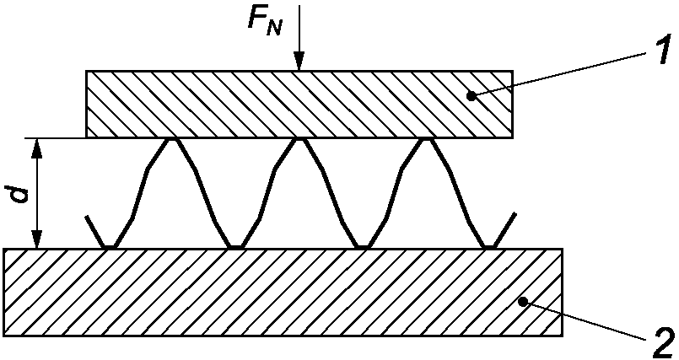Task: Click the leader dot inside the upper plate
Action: tap(473, 96)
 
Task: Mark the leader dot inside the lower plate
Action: tap(524, 301)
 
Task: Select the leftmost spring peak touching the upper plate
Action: tap(172, 140)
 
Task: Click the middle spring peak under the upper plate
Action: tap(299, 140)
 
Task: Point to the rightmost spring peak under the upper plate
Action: tap(427, 140)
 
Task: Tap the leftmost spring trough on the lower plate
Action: tap(110, 247)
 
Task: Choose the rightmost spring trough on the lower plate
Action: tap(489, 247)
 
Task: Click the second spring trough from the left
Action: tap(235, 247)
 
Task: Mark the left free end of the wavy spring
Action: tap(87, 217)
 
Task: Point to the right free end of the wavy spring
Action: tap(515, 214)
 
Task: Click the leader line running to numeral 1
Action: tap(563, 73)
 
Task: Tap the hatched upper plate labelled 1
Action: tap(299, 104)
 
